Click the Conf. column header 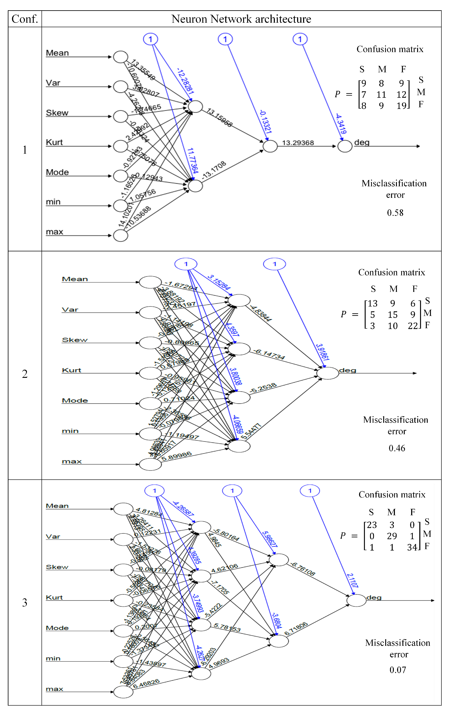pos(25,19)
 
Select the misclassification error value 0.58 pos(395,213)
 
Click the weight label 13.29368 pos(298,143)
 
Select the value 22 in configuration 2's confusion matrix pos(413,326)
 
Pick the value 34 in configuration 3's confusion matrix pos(412,547)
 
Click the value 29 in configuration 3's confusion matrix pos(392,536)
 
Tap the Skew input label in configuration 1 pos(57,113)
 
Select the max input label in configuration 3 pos(54,689)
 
